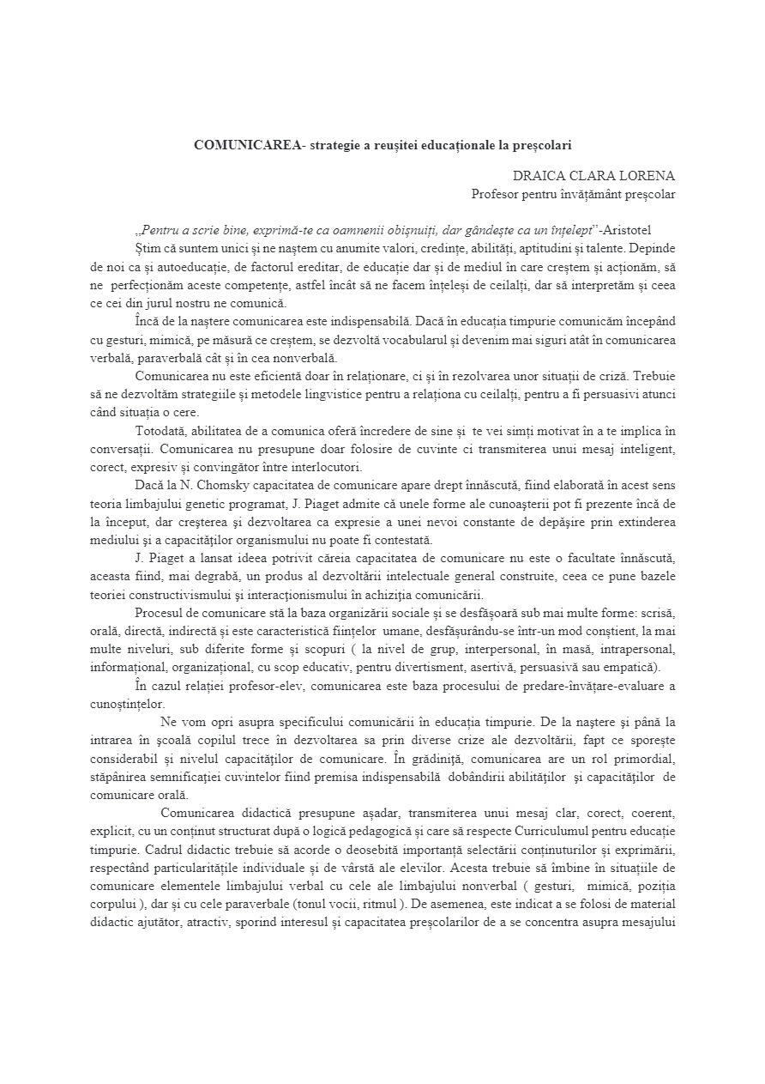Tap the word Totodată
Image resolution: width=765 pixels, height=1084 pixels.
tap(162, 431)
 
